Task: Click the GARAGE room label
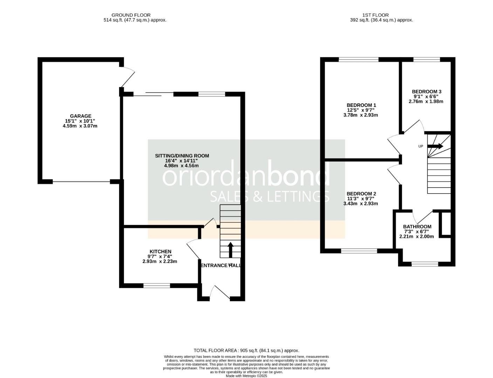[80, 116]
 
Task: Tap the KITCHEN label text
[160, 251]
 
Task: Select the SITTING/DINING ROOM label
[182, 156]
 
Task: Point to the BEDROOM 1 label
[361, 105]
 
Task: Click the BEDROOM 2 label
[361, 194]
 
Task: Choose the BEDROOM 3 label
[426, 92]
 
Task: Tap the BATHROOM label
[417, 226]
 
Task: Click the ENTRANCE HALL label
[220, 265]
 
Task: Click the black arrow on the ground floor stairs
[230, 250]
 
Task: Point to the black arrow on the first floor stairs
[435, 146]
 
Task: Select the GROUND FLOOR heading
[131, 15]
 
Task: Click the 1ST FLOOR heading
[375, 15]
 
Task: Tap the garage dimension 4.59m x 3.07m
[80, 126]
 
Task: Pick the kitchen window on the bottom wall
[157, 286]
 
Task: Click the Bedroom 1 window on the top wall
[359, 59]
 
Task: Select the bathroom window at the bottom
[425, 264]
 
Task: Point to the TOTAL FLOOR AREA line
[246, 350]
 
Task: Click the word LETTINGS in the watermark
[298, 196]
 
